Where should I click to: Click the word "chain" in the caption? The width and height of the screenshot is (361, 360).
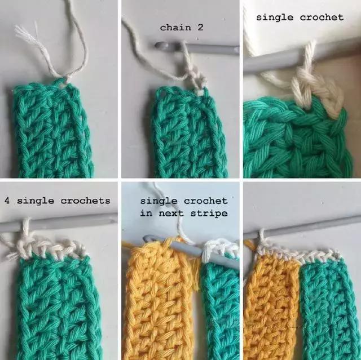(x=175, y=28)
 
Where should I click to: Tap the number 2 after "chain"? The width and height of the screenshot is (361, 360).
(x=200, y=28)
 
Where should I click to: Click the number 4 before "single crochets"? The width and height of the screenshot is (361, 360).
(x=7, y=201)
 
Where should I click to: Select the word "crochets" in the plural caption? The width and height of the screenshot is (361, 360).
(x=85, y=201)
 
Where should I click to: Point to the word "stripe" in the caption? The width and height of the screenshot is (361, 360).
(x=209, y=214)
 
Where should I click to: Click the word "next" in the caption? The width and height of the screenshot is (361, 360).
(x=171, y=214)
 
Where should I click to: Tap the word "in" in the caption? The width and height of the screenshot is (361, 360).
(x=146, y=213)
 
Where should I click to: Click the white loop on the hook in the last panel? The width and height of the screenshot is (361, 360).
(x=261, y=238)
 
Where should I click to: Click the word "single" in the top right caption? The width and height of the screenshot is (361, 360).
(x=275, y=17)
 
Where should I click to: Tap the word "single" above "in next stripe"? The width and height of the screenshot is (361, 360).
(x=159, y=201)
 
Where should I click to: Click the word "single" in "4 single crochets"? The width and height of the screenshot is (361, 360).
(x=36, y=201)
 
